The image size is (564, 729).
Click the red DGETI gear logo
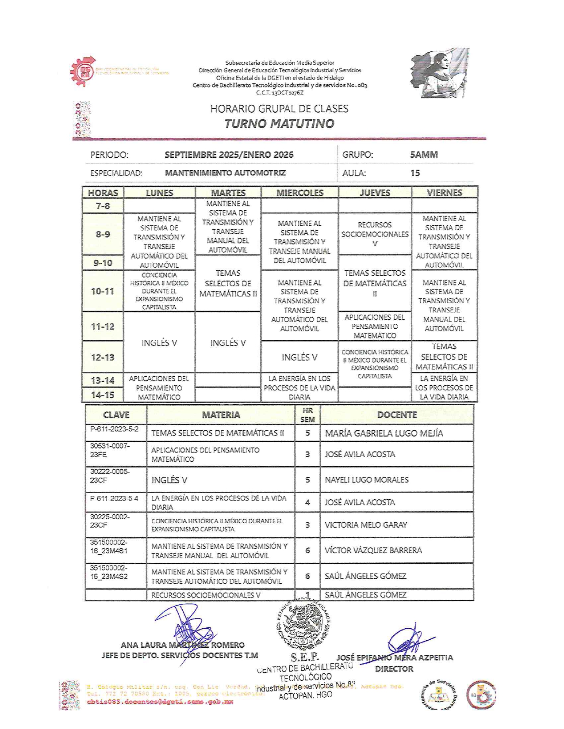(83, 71)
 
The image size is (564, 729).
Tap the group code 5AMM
(424, 155)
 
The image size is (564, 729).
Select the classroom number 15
(415, 173)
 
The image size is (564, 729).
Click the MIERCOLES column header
(300, 193)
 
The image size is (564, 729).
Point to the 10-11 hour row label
(103, 291)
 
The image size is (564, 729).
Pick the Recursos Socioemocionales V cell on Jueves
(375, 234)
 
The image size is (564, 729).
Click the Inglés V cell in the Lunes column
(159, 343)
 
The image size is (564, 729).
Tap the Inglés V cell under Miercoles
(299, 357)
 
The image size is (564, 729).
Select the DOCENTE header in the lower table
(397, 415)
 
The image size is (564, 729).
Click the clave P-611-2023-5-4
(114, 498)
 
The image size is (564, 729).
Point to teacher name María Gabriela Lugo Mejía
(384, 433)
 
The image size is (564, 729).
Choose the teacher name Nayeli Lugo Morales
(367, 480)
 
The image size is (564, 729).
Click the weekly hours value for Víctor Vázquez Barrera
(307, 551)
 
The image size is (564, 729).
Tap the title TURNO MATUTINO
(279, 124)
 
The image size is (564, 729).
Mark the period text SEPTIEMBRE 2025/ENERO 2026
(229, 155)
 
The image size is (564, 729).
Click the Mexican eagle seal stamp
(303, 626)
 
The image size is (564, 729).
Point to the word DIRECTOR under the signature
(394, 669)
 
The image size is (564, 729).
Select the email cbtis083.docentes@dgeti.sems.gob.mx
(160, 702)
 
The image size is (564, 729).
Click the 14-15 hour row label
(103, 395)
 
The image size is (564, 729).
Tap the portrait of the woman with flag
(439, 73)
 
